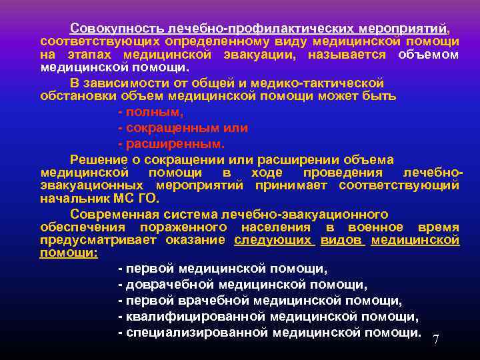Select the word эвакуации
[x=253, y=55]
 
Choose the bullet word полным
[x=144, y=113]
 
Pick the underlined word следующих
[x=273, y=240]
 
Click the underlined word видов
[x=341, y=240]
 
